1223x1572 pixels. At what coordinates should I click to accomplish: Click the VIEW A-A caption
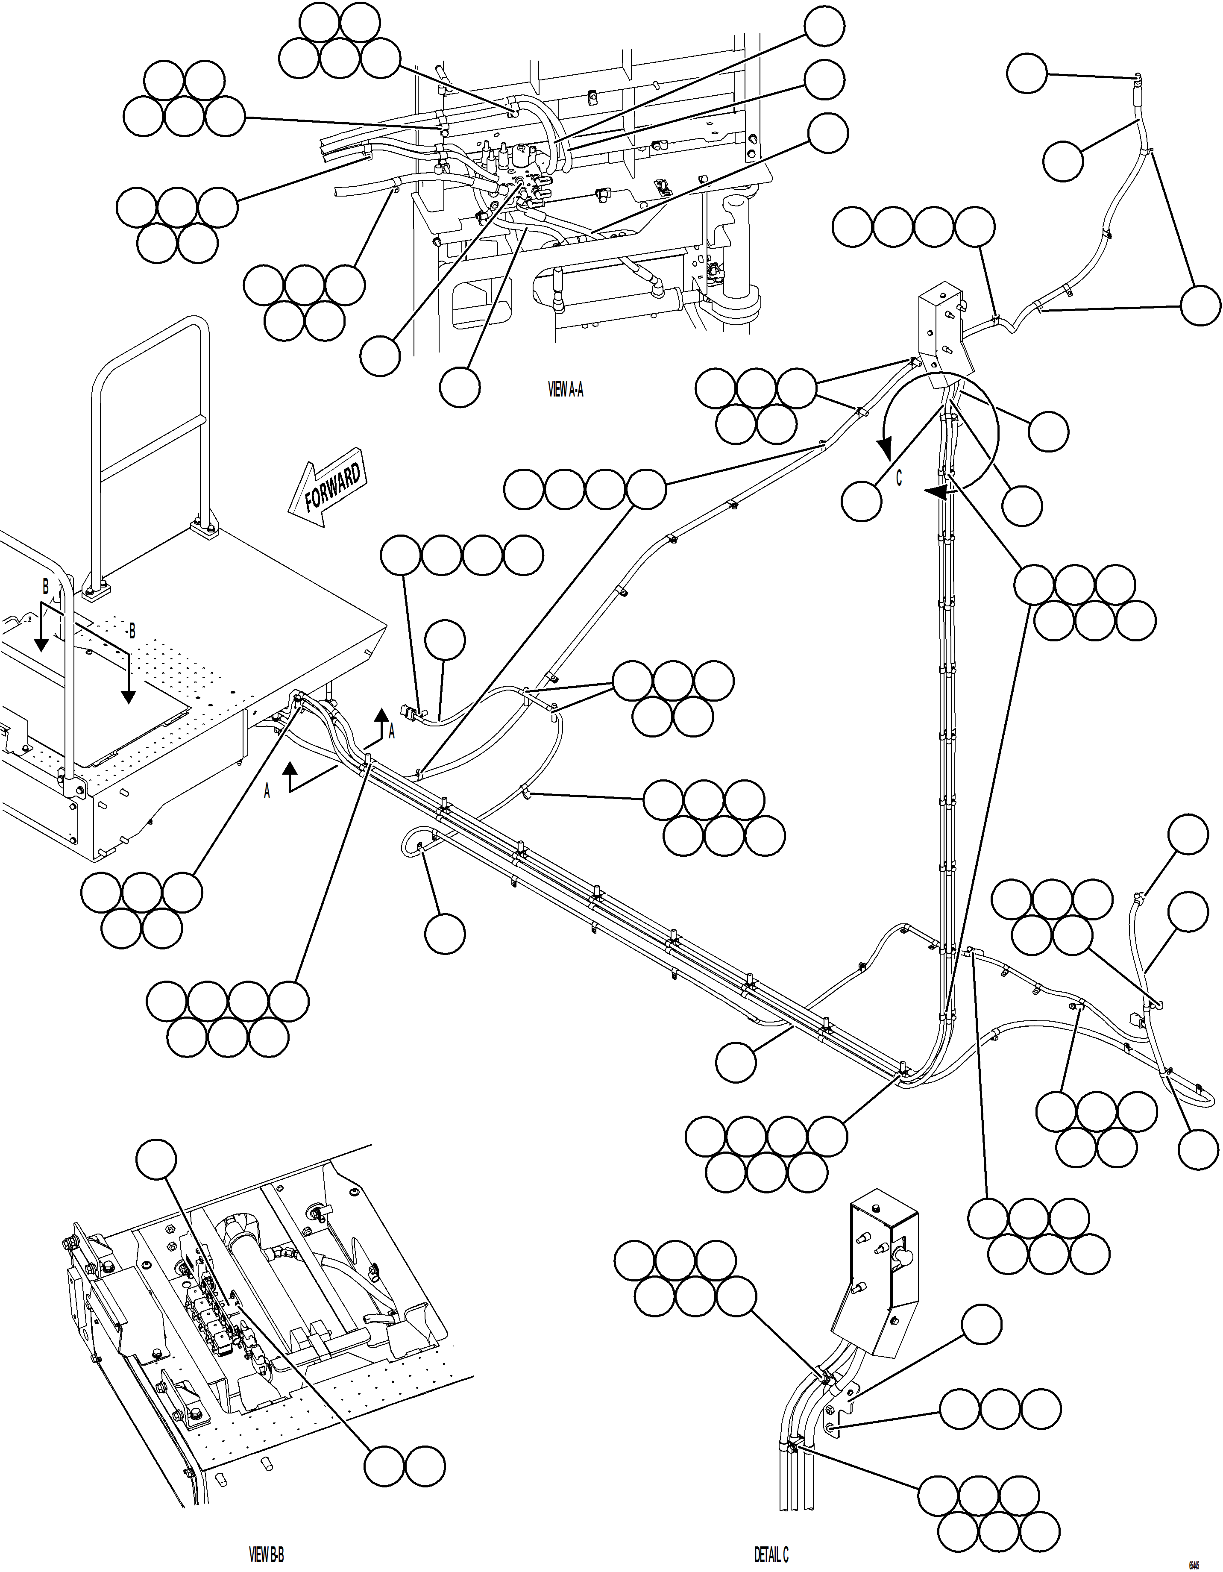pos(566,390)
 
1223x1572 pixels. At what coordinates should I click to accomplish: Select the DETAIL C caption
pos(771,1555)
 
